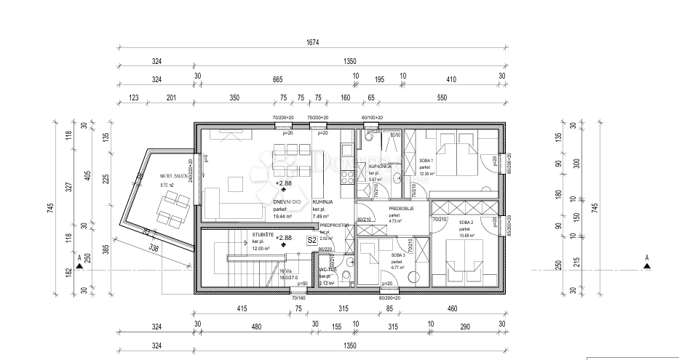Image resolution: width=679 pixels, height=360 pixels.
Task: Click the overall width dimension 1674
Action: tap(311, 44)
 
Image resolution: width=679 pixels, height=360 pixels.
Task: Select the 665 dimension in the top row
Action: tap(277, 79)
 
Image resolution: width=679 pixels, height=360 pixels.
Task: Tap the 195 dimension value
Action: tap(379, 79)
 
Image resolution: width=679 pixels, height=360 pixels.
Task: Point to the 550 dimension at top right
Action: tap(442, 98)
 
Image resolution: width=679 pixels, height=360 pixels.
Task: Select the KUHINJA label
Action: tap(322, 201)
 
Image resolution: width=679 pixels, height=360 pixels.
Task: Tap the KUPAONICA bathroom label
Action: tap(380, 167)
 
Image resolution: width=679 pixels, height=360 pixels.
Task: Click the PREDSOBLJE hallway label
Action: tap(401, 208)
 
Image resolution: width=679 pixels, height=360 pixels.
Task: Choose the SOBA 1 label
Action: tap(426, 160)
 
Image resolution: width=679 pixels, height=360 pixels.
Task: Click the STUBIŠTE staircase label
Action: tap(263, 235)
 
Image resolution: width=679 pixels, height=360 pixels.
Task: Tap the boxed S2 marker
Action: tap(311, 239)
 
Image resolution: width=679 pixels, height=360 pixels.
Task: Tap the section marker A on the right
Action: tap(646, 257)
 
